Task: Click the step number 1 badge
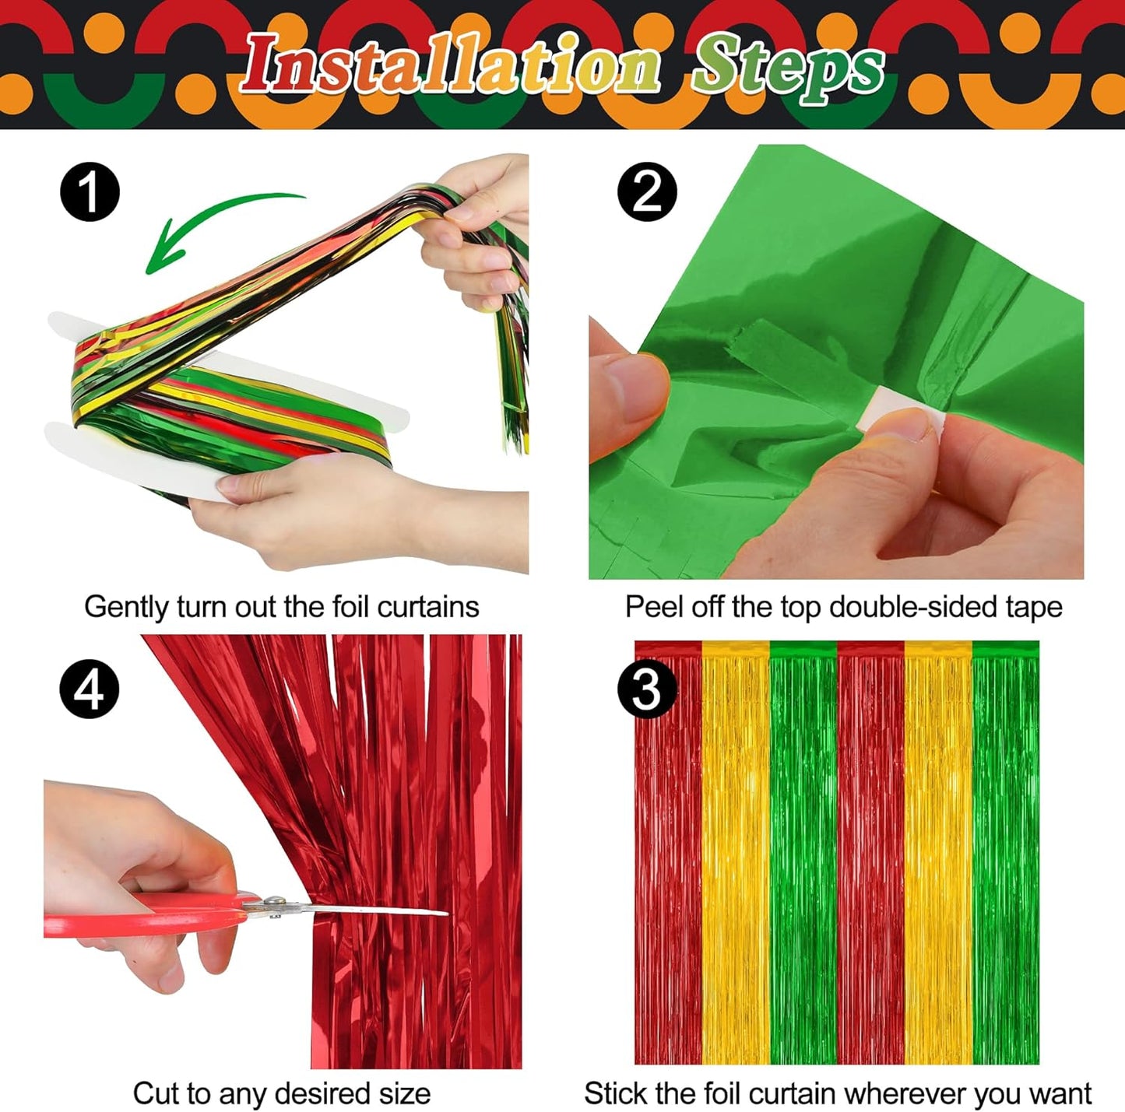tap(90, 192)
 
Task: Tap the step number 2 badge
tap(647, 192)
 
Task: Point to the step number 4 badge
tap(90, 689)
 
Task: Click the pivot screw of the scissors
tap(273, 902)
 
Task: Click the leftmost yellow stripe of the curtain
tap(736, 856)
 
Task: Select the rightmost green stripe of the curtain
tap(1005, 856)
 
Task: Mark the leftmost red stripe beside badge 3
tap(668, 856)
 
